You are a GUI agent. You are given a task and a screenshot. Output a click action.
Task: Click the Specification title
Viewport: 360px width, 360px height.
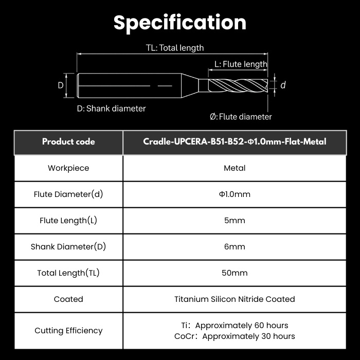pos(180,23)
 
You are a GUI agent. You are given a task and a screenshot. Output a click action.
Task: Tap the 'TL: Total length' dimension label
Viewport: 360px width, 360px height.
pos(175,48)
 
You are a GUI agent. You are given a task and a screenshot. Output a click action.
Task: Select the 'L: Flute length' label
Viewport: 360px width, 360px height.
pos(241,64)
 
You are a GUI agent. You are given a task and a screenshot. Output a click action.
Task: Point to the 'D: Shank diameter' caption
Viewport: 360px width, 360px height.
pos(112,109)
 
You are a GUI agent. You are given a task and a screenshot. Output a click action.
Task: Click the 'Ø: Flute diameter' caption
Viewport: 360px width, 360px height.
pos(241,117)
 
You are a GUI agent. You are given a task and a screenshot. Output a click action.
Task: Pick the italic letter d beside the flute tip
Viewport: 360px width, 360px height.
pos(283,85)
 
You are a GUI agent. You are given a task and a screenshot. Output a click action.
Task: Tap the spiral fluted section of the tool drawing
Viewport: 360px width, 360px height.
pos(238,85)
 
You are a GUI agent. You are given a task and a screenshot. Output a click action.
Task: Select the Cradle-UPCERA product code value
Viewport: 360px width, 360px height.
pos(235,141)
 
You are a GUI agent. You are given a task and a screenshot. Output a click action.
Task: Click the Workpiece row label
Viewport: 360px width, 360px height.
pos(68,168)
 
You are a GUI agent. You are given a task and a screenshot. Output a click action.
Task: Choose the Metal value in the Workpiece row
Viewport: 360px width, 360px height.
pos(235,168)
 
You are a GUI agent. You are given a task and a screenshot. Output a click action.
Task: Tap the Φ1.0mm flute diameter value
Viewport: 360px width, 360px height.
pos(235,194)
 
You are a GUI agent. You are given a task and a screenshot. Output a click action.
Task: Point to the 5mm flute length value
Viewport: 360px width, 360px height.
pos(235,221)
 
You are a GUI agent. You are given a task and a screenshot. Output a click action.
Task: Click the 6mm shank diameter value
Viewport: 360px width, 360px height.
pos(235,246)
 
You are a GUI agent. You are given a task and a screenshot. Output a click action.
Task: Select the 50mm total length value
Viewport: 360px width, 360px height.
pos(235,273)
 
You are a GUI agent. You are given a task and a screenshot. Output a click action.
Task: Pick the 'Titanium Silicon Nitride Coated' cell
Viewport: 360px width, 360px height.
pos(235,299)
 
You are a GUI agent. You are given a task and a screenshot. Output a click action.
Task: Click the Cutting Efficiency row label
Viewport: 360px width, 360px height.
pos(68,331)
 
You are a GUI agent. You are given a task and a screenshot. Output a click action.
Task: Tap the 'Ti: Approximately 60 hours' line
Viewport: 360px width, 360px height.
pos(235,326)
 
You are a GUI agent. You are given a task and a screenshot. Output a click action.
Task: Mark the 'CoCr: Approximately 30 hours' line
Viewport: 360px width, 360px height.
pos(235,336)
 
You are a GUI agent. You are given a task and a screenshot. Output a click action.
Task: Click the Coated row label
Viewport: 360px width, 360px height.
pos(68,299)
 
